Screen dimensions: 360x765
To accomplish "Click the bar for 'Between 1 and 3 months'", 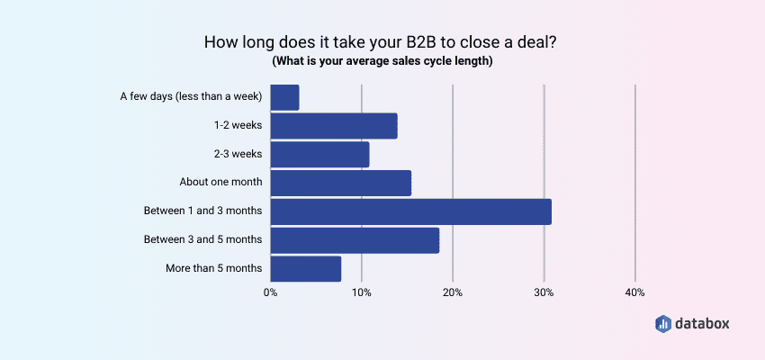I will pos(410,211).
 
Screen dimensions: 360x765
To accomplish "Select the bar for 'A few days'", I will pos(284,97).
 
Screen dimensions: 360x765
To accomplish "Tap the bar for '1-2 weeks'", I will pos(334,126).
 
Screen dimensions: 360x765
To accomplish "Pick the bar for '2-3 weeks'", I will pos(319,155).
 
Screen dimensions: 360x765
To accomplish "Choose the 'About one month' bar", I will pos(340,183).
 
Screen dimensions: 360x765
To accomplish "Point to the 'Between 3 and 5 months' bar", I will pos(355,240).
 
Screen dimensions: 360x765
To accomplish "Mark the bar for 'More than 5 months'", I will pos(305,268).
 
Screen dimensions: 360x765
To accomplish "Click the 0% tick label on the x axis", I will pos(270,292).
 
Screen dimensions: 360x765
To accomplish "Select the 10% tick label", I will pos(361,292).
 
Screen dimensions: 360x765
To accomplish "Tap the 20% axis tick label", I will pos(453,292).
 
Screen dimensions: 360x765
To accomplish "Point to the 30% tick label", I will pos(544,292).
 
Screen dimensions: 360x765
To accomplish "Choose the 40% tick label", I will pos(634,292).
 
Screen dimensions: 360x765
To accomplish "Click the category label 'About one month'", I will pos(220,182).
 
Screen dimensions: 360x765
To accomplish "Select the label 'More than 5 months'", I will pos(214,268).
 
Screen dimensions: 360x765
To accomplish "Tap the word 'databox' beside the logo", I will pos(705,323).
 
